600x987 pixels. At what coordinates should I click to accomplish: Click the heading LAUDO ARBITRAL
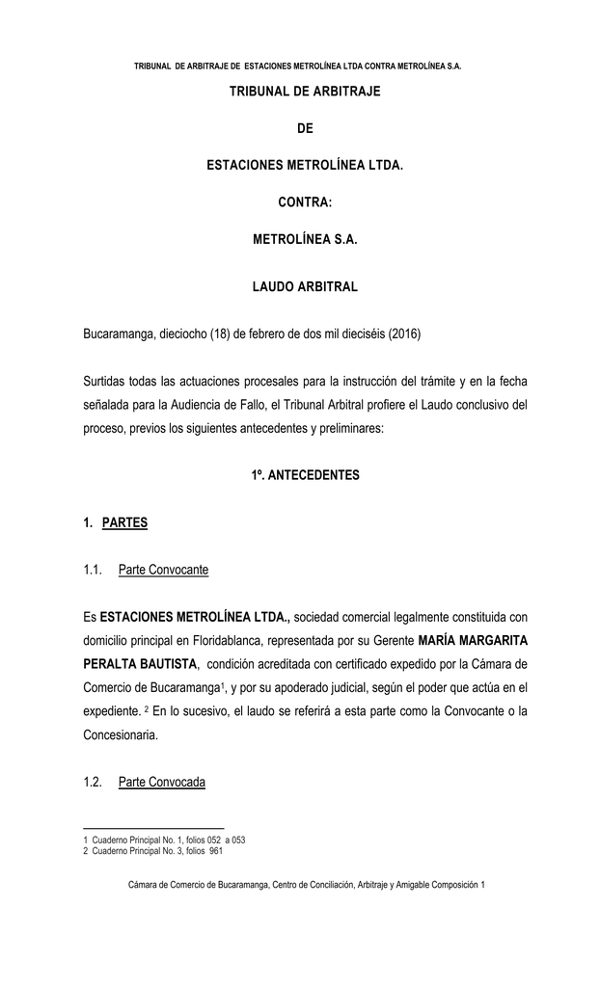[x=305, y=287]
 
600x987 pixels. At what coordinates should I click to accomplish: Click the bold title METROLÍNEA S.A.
[x=305, y=237]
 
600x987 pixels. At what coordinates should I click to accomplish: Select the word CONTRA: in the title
[x=305, y=203]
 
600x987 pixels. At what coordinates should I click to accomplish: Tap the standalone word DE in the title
[x=305, y=128]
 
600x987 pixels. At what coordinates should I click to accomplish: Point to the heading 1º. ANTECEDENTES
[x=305, y=475]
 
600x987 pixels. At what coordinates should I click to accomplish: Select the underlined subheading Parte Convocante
[x=163, y=571]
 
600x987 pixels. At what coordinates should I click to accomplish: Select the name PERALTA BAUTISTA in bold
[x=141, y=664]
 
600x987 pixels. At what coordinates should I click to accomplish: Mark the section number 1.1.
[x=93, y=571]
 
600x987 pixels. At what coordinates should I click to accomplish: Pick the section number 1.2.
[x=93, y=782]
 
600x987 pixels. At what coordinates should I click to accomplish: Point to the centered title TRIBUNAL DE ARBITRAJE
[x=305, y=91]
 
